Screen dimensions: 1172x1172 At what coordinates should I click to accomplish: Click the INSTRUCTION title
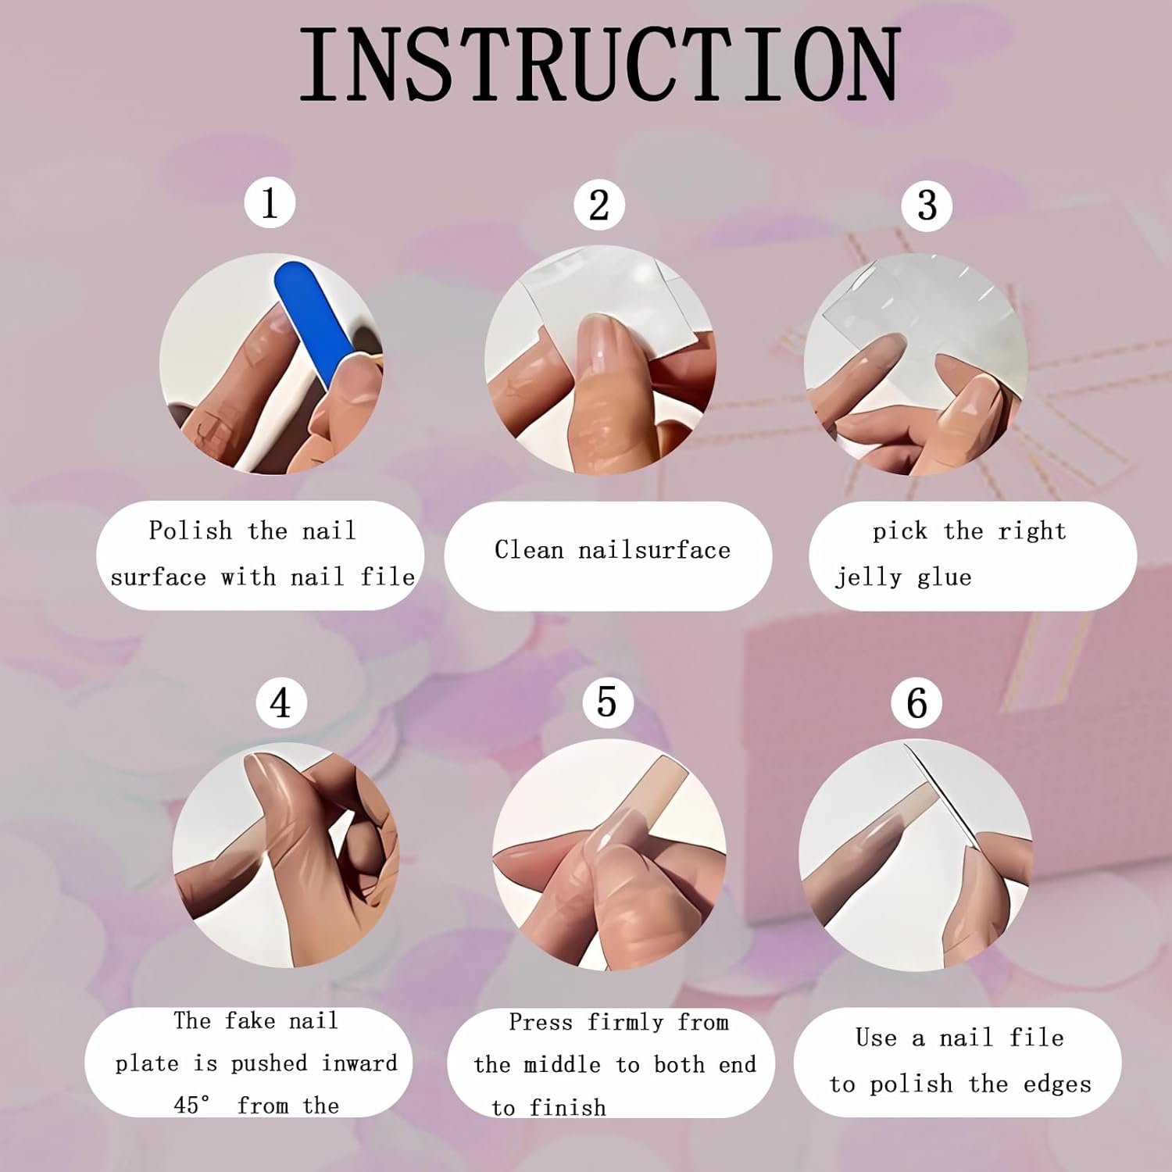pos(600,64)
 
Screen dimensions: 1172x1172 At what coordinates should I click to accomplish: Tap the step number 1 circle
pos(270,203)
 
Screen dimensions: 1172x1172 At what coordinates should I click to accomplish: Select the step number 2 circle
pos(599,205)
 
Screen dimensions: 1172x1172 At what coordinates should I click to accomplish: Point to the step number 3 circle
pos(927,205)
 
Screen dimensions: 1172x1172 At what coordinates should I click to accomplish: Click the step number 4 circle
pos(281,702)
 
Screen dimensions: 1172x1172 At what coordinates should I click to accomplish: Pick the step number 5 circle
pos(607,702)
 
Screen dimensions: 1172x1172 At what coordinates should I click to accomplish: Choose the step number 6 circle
pos(917,703)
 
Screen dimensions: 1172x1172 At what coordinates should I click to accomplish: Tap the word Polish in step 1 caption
pos(191,531)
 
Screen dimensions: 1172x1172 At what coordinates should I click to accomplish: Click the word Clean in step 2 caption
pos(529,550)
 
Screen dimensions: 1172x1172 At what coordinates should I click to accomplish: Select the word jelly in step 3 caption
pos(868,578)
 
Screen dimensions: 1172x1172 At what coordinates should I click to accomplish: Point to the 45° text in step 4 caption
pos(192,1105)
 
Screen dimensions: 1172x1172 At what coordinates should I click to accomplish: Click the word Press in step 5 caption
pos(542,1022)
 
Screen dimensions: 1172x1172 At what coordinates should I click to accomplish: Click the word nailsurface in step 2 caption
pos(655,550)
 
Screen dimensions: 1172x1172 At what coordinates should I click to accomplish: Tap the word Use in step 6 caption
pos(875,1038)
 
